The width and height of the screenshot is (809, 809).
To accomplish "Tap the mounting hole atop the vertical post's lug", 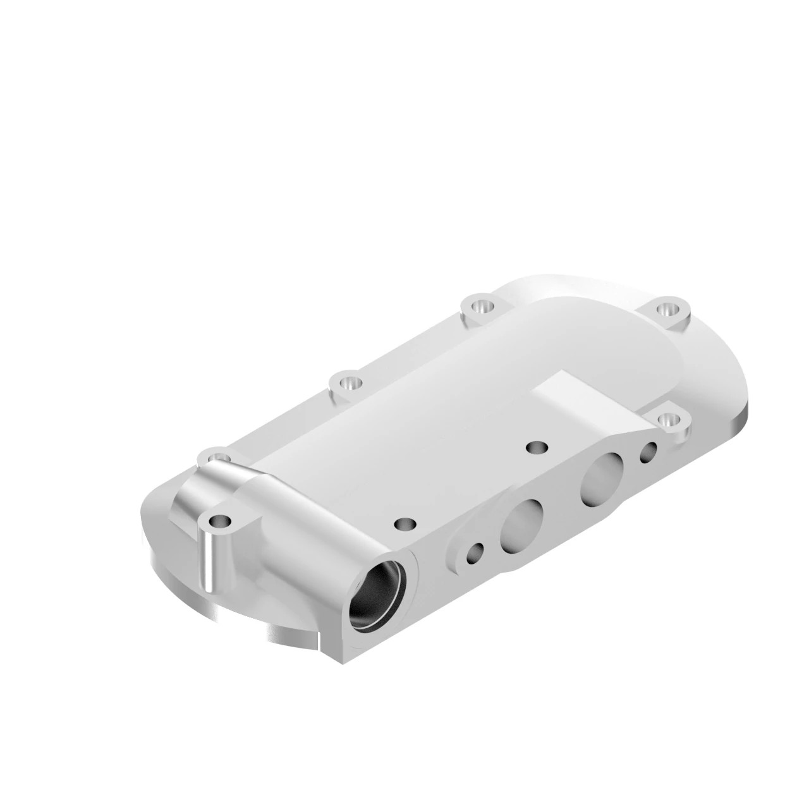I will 219,522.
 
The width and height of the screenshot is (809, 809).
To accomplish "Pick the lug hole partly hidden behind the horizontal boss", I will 217,453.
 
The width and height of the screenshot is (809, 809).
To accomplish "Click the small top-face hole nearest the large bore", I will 404,524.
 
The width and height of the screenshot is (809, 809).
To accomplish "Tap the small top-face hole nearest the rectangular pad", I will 538,447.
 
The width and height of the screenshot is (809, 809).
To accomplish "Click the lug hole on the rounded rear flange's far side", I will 667,309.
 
